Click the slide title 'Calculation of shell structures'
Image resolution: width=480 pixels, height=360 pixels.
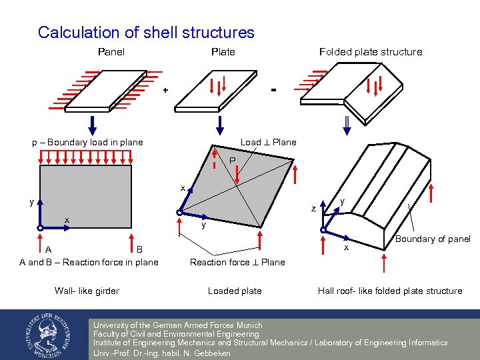[146, 33]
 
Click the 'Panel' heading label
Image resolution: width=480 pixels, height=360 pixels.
[111, 52]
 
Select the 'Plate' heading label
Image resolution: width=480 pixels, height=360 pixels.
[223, 52]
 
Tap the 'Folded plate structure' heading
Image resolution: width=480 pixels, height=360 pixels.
[370, 52]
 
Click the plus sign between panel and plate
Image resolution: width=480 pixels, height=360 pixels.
[165, 90]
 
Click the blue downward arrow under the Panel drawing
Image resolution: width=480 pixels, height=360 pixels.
[93, 124]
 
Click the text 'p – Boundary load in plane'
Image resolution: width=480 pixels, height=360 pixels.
[87, 142]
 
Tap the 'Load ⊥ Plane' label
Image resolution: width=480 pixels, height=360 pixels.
[268, 142]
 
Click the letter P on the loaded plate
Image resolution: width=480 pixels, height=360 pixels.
[231, 161]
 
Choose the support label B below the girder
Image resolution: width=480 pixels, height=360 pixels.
[139, 250]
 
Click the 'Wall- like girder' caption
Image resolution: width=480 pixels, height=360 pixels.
[87, 291]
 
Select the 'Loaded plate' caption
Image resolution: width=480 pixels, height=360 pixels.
[235, 291]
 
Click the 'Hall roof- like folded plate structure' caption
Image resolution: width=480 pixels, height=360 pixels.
[389, 291]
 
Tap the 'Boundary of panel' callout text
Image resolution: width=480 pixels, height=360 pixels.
[433, 239]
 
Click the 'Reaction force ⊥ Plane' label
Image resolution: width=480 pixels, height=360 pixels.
[237, 262]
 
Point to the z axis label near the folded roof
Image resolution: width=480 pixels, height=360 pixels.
[313, 209]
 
